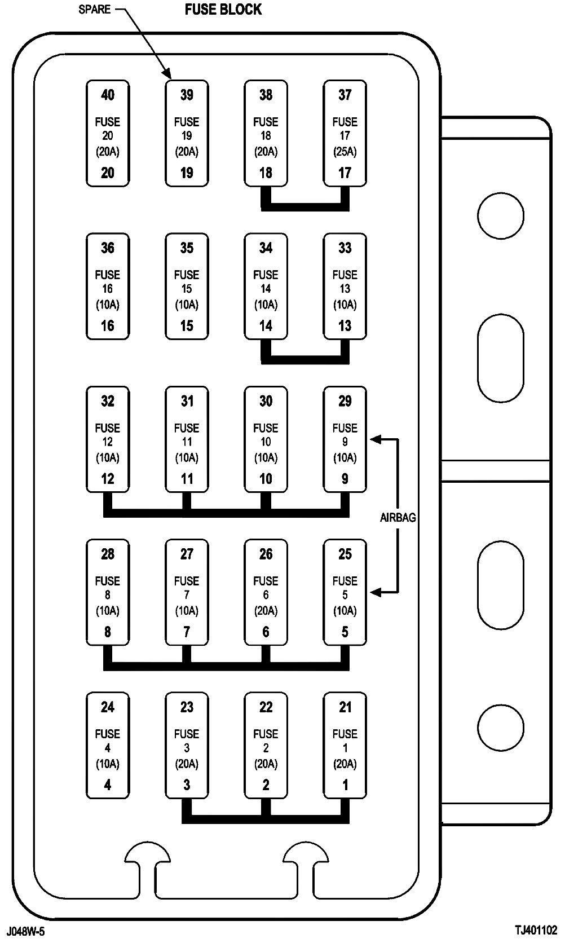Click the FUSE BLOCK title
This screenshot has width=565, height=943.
click(223, 10)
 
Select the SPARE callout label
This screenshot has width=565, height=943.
click(94, 10)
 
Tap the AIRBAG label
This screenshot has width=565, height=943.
click(398, 517)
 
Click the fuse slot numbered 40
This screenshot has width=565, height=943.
click(108, 133)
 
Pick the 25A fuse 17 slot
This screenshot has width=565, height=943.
click(345, 133)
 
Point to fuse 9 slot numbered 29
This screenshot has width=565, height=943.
click(345, 439)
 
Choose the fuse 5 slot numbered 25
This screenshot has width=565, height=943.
click(345, 592)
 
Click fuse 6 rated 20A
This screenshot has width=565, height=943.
click(266, 592)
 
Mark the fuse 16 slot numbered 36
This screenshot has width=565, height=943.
click(108, 286)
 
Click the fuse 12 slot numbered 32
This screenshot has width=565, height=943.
click(108, 439)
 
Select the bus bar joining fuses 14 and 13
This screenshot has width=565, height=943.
click(305, 359)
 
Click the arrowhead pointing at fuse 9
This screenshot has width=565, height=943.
click(375, 439)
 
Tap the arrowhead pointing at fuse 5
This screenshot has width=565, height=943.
click(375, 592)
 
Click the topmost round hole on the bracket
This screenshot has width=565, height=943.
click(500, 215)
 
